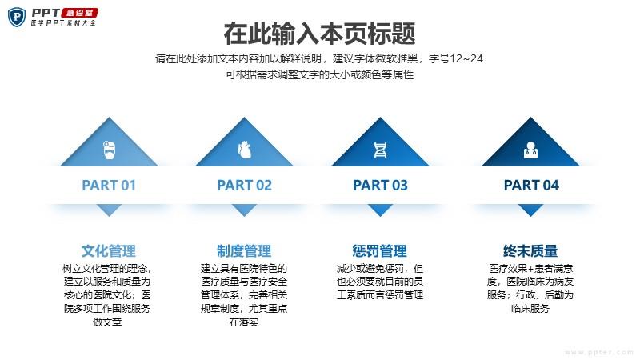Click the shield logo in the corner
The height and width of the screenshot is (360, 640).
click(17, 17)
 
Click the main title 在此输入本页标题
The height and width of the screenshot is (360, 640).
click(319, 34)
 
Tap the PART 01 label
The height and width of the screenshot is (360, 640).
click(109, 186)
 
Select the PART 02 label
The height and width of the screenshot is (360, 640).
click(244, 186)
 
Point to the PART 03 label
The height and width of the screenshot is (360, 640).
click(380, 186)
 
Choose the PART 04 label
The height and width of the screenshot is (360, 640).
click(531, 186)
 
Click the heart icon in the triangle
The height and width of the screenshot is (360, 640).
click(244, 150)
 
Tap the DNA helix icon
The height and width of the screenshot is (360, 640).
click(380, 150)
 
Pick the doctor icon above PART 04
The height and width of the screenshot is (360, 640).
click(530, 150)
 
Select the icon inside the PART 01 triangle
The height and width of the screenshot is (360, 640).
click(109, 150)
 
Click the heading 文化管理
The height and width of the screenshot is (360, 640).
click(109, 251)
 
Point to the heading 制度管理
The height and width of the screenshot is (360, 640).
click(244, 251)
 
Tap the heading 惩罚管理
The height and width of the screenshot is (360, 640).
click(379, 251)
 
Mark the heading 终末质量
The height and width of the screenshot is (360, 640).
click(530, 251)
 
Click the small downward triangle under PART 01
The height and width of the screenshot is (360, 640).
click(109, 210)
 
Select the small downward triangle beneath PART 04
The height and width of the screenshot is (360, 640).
click(530, 210)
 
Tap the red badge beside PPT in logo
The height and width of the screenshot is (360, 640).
click(80, 13)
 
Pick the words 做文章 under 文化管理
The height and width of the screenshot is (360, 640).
click(107, 322)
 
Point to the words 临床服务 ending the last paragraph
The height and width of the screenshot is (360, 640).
click(530, 309)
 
